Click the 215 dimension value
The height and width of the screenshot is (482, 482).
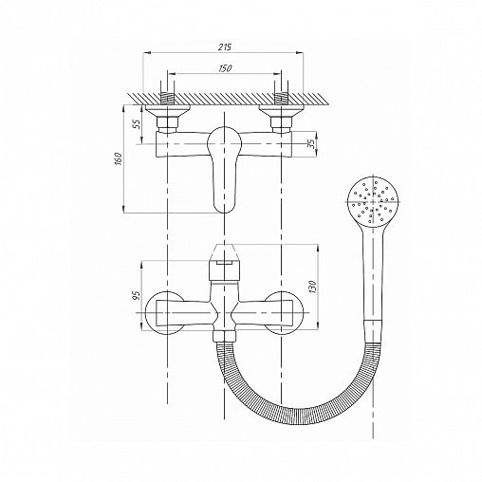(x=225, y=46)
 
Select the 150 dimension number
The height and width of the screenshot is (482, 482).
(x=225, y=68)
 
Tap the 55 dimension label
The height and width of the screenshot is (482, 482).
(x=137, y=123)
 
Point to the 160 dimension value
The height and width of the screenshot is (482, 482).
(x=119, y=158)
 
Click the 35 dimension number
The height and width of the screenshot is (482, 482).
(x=311, y=144)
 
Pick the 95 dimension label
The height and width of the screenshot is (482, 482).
(x=137, y=295)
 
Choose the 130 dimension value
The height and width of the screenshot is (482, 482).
(x=312, y=287)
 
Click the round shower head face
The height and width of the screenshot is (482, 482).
(x=372, y=202)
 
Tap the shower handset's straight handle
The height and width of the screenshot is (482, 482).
(x=373, y=278)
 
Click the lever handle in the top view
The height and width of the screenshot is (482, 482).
(x=224, y=169)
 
